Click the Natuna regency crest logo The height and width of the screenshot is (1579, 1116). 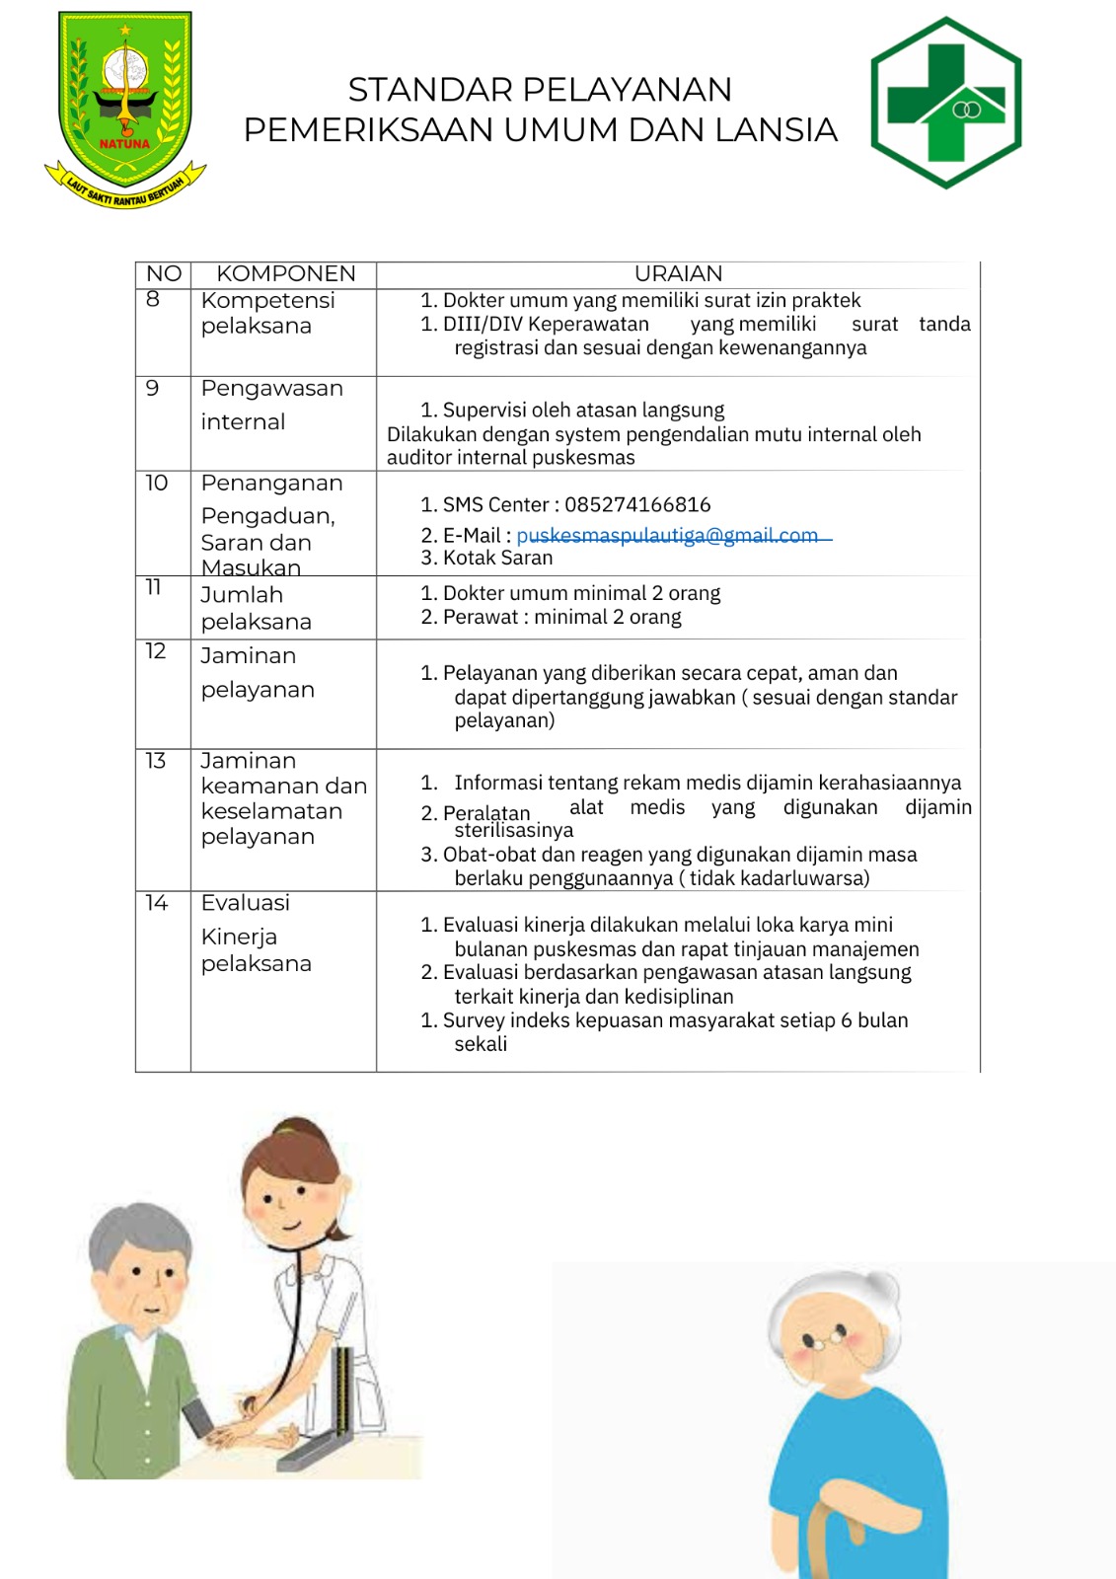tap(125, 106)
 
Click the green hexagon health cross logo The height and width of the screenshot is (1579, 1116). tap(945, 103)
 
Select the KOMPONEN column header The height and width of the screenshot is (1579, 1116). tap(285, 273)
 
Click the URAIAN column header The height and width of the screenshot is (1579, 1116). tap(678, 273)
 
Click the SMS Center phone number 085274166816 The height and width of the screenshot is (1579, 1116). tap(637, 505)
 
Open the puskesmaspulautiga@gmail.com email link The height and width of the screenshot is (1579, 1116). tap(667, 535)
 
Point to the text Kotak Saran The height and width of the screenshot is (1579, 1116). tap(497, 558)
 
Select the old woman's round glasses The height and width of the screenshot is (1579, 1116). tap(826, 1340)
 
